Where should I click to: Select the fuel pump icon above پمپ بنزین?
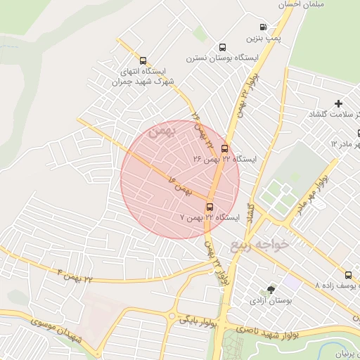(263, 26)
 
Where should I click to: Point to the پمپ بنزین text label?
(262, 37)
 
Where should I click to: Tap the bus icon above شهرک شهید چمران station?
(143, 60)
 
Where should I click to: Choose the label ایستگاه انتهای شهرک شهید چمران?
(143, 76)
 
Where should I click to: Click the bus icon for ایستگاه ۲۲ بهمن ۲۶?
(224, 148)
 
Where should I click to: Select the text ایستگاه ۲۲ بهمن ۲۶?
(225, 160)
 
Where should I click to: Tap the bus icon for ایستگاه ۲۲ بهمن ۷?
(210, 206)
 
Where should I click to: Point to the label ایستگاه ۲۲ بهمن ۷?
(210, 217)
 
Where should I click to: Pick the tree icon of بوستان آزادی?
(271, 289)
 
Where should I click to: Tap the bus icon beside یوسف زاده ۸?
(348, 274)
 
